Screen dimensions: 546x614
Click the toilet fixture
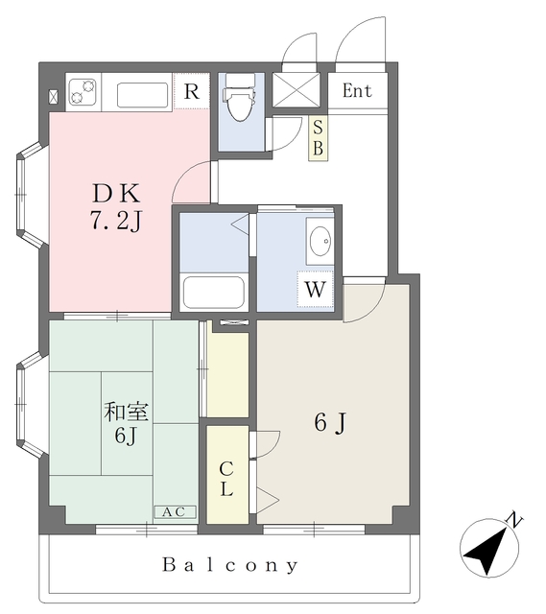[x=239, y=98]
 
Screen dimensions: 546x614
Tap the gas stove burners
[x=83, y=92]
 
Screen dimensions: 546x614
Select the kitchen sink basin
[x=143, y=95]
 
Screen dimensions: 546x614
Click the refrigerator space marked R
[x=192, y=92]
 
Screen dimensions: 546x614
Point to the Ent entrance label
[x=357, y=91]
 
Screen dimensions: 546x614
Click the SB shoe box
[x=318, y=138]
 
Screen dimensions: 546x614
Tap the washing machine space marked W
[x=316, y=290]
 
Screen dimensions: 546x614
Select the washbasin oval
[x=320, y=241]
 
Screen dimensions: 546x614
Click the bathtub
[x=214, y=292]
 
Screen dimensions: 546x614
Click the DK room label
[x=116, y=193]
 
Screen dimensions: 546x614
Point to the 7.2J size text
[x=116, y=221]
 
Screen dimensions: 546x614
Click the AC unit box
[x=175, y=511]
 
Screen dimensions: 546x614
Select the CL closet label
[x=226, y=478]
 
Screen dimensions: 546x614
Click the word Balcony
[x=230, y=565]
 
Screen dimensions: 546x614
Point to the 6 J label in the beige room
[x=331, y=422]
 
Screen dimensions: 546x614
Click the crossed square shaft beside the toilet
[x=297, y=89]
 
